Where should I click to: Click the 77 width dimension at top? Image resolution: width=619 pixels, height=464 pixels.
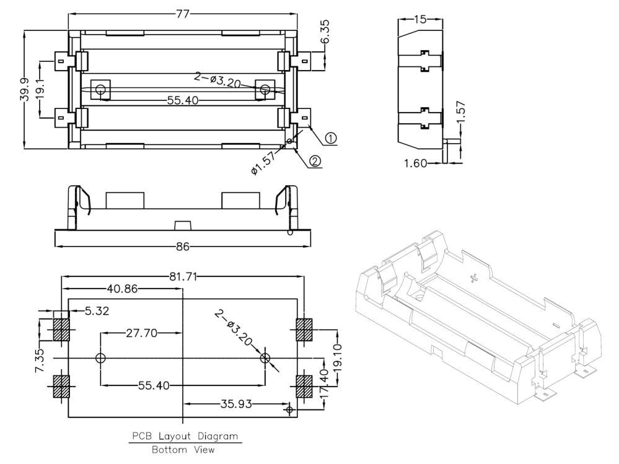183,14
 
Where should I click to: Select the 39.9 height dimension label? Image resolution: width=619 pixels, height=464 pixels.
25,89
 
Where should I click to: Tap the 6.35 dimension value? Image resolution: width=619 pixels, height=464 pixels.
325,32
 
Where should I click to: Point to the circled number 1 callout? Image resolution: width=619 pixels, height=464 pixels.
331,138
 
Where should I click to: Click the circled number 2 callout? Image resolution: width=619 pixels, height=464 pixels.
315,160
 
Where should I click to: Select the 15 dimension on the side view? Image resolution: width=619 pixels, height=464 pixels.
421,19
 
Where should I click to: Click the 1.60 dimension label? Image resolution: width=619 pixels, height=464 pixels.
416,163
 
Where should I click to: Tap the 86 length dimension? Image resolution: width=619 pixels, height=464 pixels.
182,247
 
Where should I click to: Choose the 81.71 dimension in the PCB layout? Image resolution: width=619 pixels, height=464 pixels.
183,276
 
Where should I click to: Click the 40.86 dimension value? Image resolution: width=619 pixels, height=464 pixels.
123,289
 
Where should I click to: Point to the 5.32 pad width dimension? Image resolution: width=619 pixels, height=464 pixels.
97,311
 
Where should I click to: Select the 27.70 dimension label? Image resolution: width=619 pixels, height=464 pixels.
141,333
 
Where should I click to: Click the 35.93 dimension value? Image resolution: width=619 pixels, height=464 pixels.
236,404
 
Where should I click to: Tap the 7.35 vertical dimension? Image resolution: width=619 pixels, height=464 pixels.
40,361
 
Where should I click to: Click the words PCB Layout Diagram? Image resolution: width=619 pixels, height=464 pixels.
185,436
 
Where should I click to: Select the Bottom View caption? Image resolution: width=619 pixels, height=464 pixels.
183,449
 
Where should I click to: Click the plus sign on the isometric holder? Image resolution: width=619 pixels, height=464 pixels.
474,278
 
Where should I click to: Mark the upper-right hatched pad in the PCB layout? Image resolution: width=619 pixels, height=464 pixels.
304,330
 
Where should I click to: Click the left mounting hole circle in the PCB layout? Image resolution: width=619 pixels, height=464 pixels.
100,358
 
